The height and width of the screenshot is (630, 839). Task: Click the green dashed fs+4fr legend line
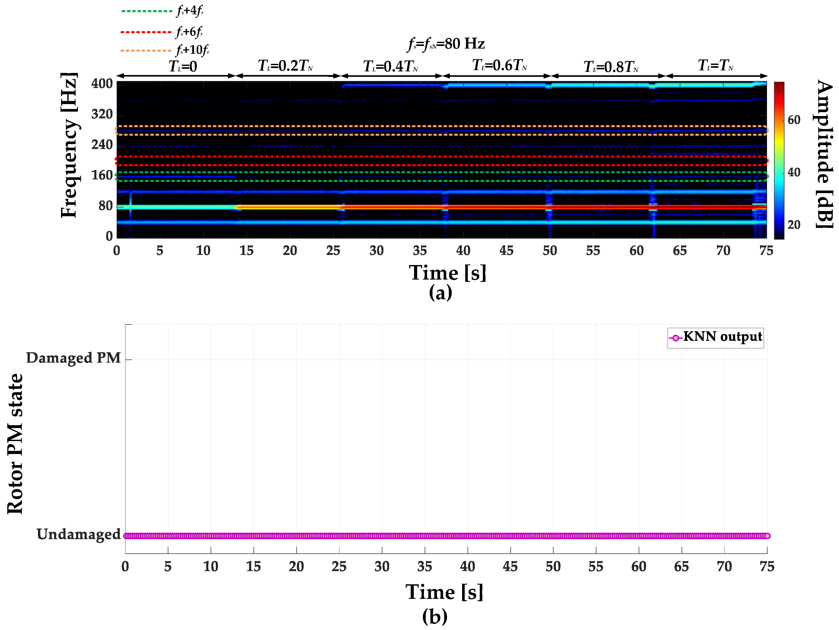pyautogui.click(x=147, y=11)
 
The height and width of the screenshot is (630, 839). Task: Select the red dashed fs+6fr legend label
pyautogui.click(x=190, y=32)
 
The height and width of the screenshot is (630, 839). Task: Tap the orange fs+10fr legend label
pyautogui.click(x=193, y=50)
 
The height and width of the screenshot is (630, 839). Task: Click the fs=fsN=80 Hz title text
pyautogui.click(x=446, y=44)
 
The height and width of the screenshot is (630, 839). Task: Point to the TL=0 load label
pyautogui.click(x=183, y=67)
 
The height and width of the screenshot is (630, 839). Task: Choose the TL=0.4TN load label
pyautogui.click(x=391, y=67)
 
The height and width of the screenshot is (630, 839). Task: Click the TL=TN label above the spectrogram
pyautogui.click(x=715, y=66)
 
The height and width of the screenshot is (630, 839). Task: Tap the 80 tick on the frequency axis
pyautogui.click(x=105, y=206)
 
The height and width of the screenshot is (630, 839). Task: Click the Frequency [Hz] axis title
pyautogui.click(x=69, y=145)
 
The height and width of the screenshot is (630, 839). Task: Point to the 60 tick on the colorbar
pyautogui.click(x=794, y=120)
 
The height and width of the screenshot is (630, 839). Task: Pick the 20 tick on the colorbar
pyautogui.click(x=794, y=225)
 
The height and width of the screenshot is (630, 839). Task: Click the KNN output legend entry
pyautogui.click(x=715, y=337)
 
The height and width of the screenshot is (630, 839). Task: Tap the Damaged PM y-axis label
pyautogui.click(x=73, y=358)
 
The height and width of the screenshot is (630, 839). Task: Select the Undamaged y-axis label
pyautogui.click(x=78, y=534)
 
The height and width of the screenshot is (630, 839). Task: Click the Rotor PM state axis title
pyautogui.click(x=15, y=444)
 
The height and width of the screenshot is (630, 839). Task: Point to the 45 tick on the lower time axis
pyautogui.click(x=510, y=566)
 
